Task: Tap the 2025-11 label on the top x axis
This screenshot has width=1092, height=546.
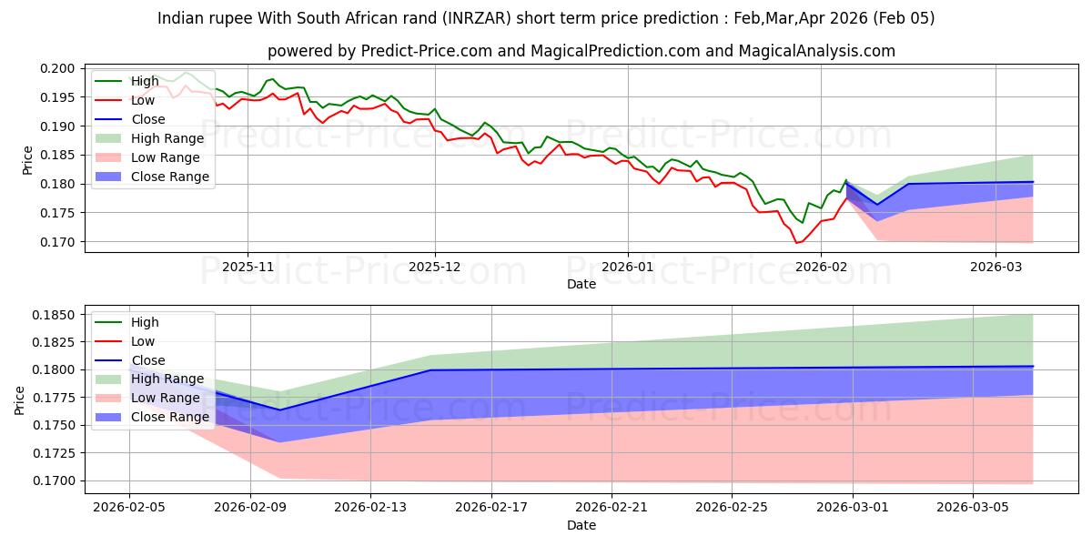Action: pos(248,268)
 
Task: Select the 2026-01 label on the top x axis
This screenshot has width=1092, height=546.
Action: pos(627,268)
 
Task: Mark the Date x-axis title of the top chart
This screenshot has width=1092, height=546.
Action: pos(581,284)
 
